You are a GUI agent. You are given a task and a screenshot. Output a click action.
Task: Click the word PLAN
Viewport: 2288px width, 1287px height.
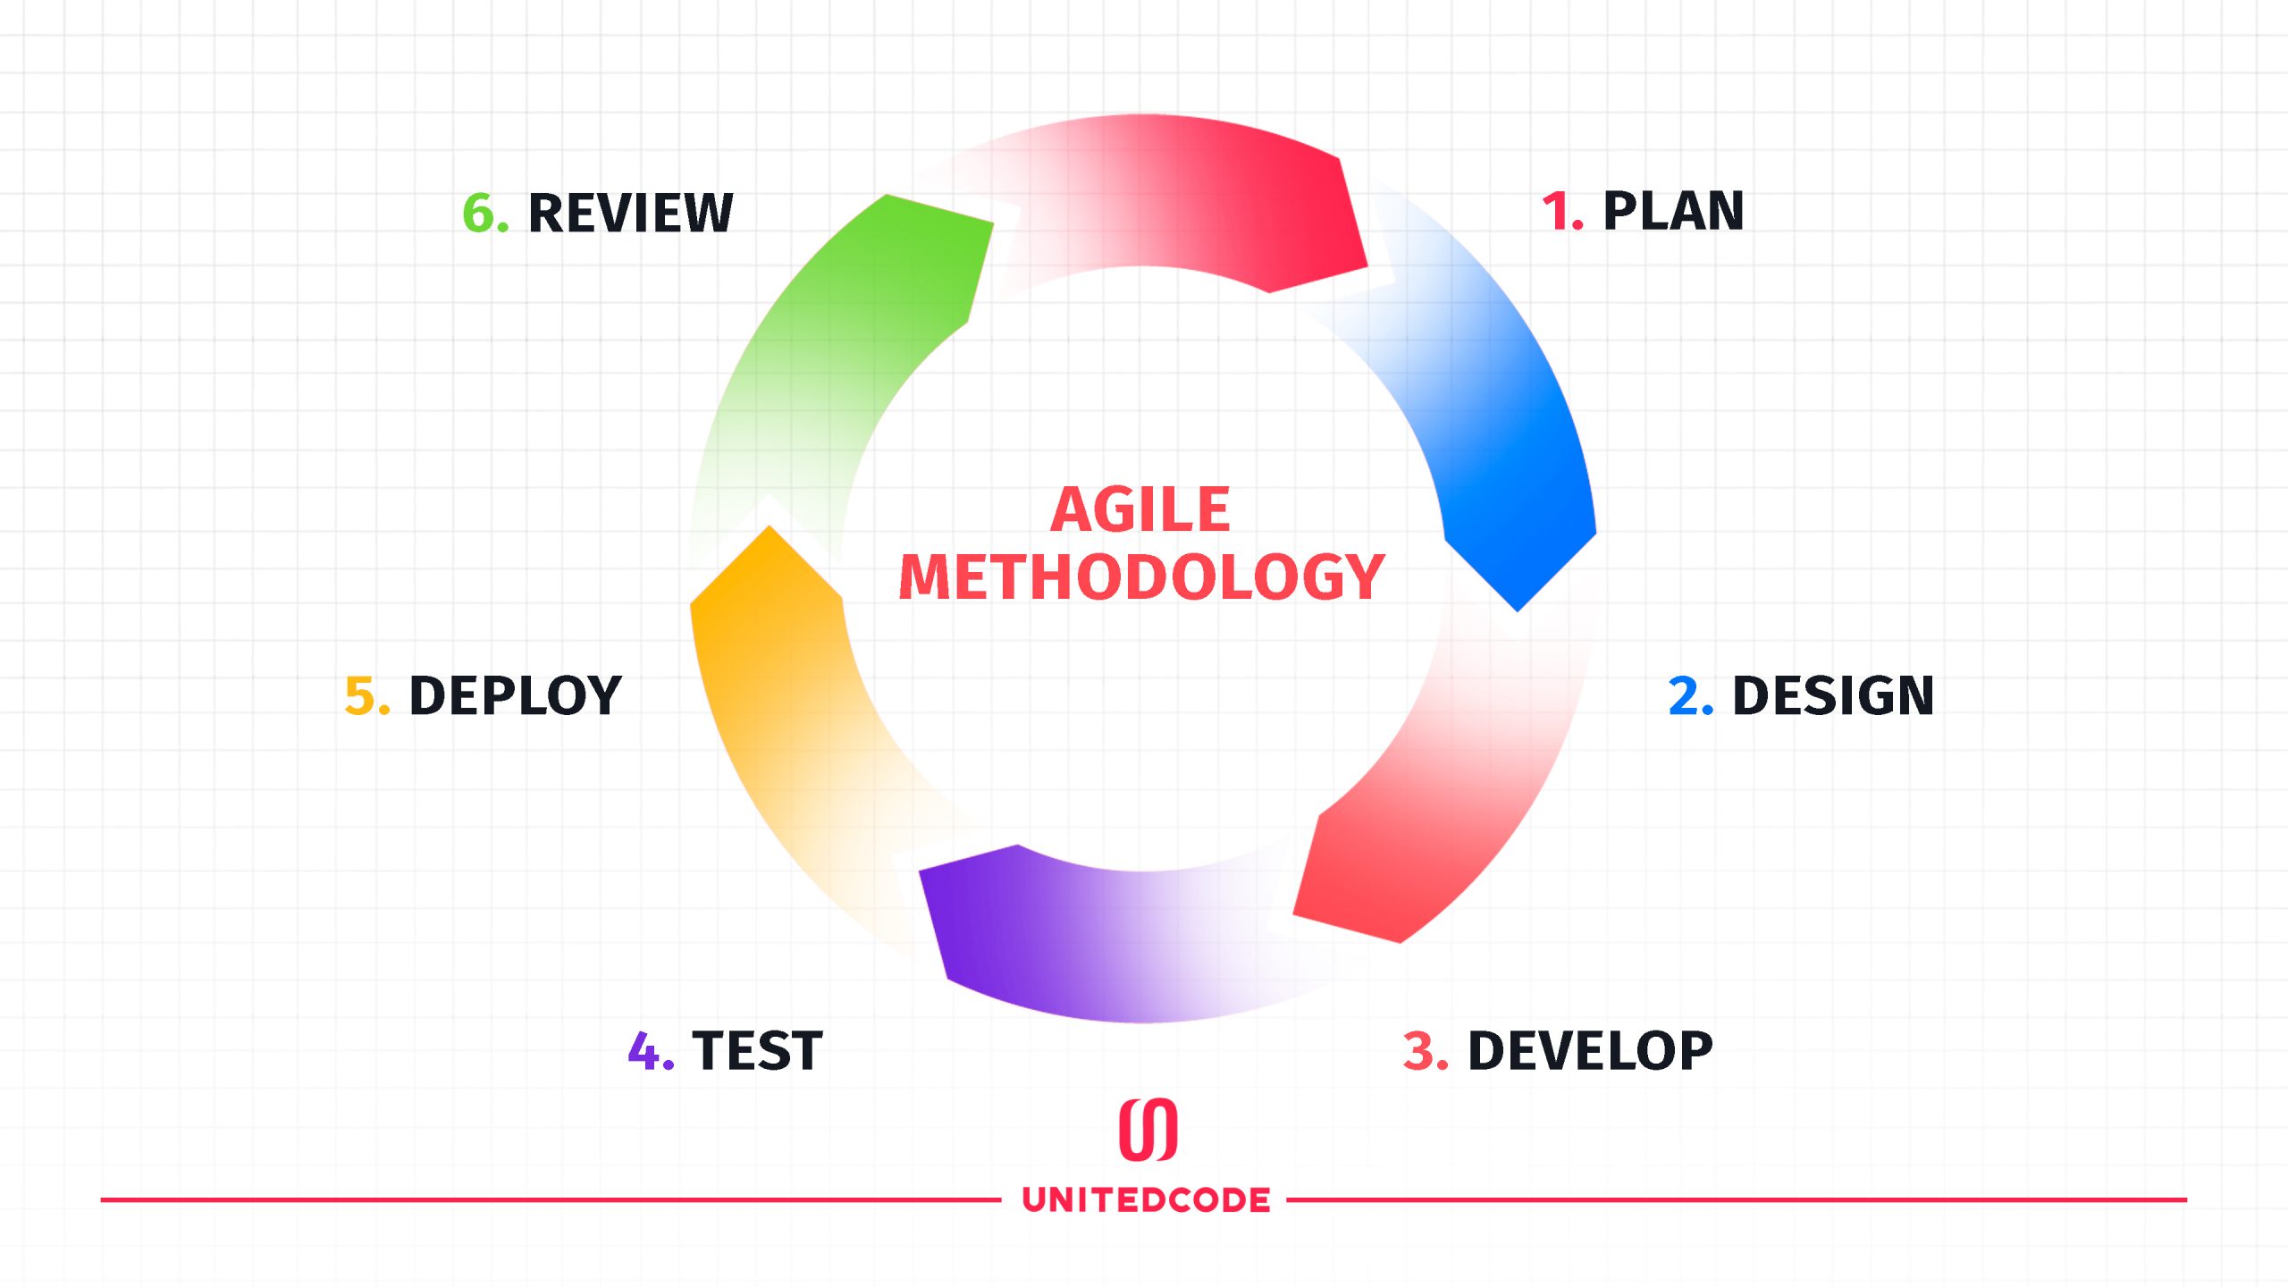pyautogui.click(x=1673, y=212)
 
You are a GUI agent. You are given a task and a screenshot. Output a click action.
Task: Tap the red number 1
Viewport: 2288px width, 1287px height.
pyautogui.click(x=1561, y=212)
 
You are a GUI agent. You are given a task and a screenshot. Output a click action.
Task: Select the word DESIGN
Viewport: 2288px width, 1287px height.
pyautogui.click(x=1833, y=695)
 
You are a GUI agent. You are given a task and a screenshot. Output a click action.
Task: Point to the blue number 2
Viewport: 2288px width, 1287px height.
pyautogui.click(x=1690, y=695)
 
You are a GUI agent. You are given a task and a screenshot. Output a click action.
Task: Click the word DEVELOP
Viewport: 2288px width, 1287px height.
pyautogui.click(x=1591, y=1050)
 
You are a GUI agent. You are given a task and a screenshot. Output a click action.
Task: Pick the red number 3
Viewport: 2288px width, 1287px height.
pyautogui.click(x=1426, y=1050)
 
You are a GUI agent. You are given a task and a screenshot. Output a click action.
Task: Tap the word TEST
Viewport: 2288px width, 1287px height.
pyautogui.click(x=757, y=1050)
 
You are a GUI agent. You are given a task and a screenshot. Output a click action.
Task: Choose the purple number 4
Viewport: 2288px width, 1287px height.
pyautogui.click(x=651, y=1050)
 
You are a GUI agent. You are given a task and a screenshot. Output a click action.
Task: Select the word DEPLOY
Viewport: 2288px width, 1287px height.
pyautogui.click(x=515, y=695)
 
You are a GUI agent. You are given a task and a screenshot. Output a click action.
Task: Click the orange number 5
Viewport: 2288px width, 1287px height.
pyautogui.click(x=367, y=695)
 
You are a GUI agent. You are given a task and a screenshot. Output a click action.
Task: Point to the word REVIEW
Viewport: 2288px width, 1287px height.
pyautogui.click(x=630, y=213)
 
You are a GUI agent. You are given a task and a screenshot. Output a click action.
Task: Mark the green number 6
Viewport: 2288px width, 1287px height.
pyautogui.click(x=485, y=213)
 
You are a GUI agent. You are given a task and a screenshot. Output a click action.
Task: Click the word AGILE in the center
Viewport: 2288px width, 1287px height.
pyautogui.click(x=1140, y=509)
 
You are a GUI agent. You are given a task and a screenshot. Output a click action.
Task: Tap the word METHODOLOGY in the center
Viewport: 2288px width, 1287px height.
pyautogui.click(x=1142, y=576)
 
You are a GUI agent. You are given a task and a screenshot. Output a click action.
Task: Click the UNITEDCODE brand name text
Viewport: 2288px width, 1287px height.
pyautogui.click(x=1146, y=1199)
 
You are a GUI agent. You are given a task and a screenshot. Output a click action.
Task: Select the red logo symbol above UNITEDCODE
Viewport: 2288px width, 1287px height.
pyautogui.click(x=1148, y=1130)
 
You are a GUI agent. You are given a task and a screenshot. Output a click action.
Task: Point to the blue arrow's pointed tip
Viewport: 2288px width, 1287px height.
pyautogui.click(x=1518, y=611)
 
